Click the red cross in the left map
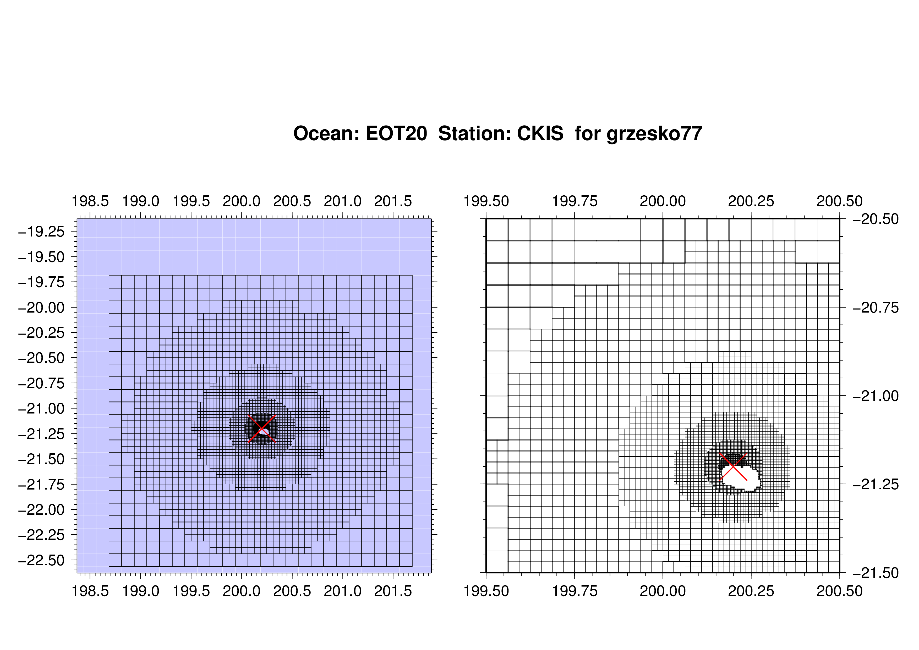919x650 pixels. click(262, 429)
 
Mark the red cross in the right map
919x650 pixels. click(733, 466)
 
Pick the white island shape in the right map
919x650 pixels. click(740, 478)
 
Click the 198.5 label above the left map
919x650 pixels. click(90, 201)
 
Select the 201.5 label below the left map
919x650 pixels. click(393, 591)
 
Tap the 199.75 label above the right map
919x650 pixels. click(575, 201)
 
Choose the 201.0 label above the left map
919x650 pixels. click(343, 201)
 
